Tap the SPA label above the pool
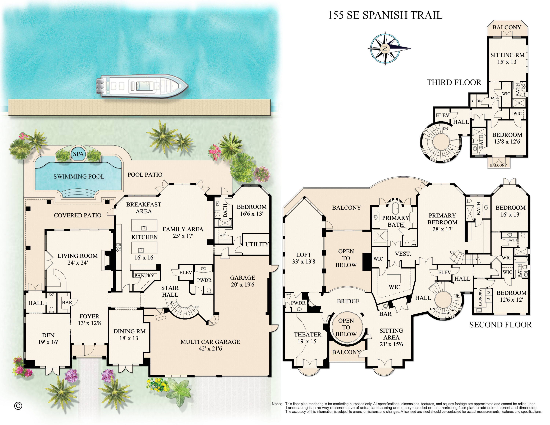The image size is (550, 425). pos(78,154)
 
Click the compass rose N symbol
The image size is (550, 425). pos(385,48)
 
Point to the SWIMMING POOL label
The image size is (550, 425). pos(79,177)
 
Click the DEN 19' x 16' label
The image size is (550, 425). pos(48,339)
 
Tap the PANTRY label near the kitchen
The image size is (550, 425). pos(144,276)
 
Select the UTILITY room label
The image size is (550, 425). pos(257,244)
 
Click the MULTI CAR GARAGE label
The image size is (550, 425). pos(210,345)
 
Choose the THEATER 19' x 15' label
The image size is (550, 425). pos(307,338)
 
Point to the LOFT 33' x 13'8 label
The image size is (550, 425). pos(303,258)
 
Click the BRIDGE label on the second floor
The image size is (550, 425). pos(348,301)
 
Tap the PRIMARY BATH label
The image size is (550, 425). pos(395,221)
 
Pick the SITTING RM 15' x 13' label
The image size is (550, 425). pos(507,58)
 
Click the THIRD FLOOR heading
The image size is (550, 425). pos(454,82)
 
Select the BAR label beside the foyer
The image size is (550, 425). pos(67,302)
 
